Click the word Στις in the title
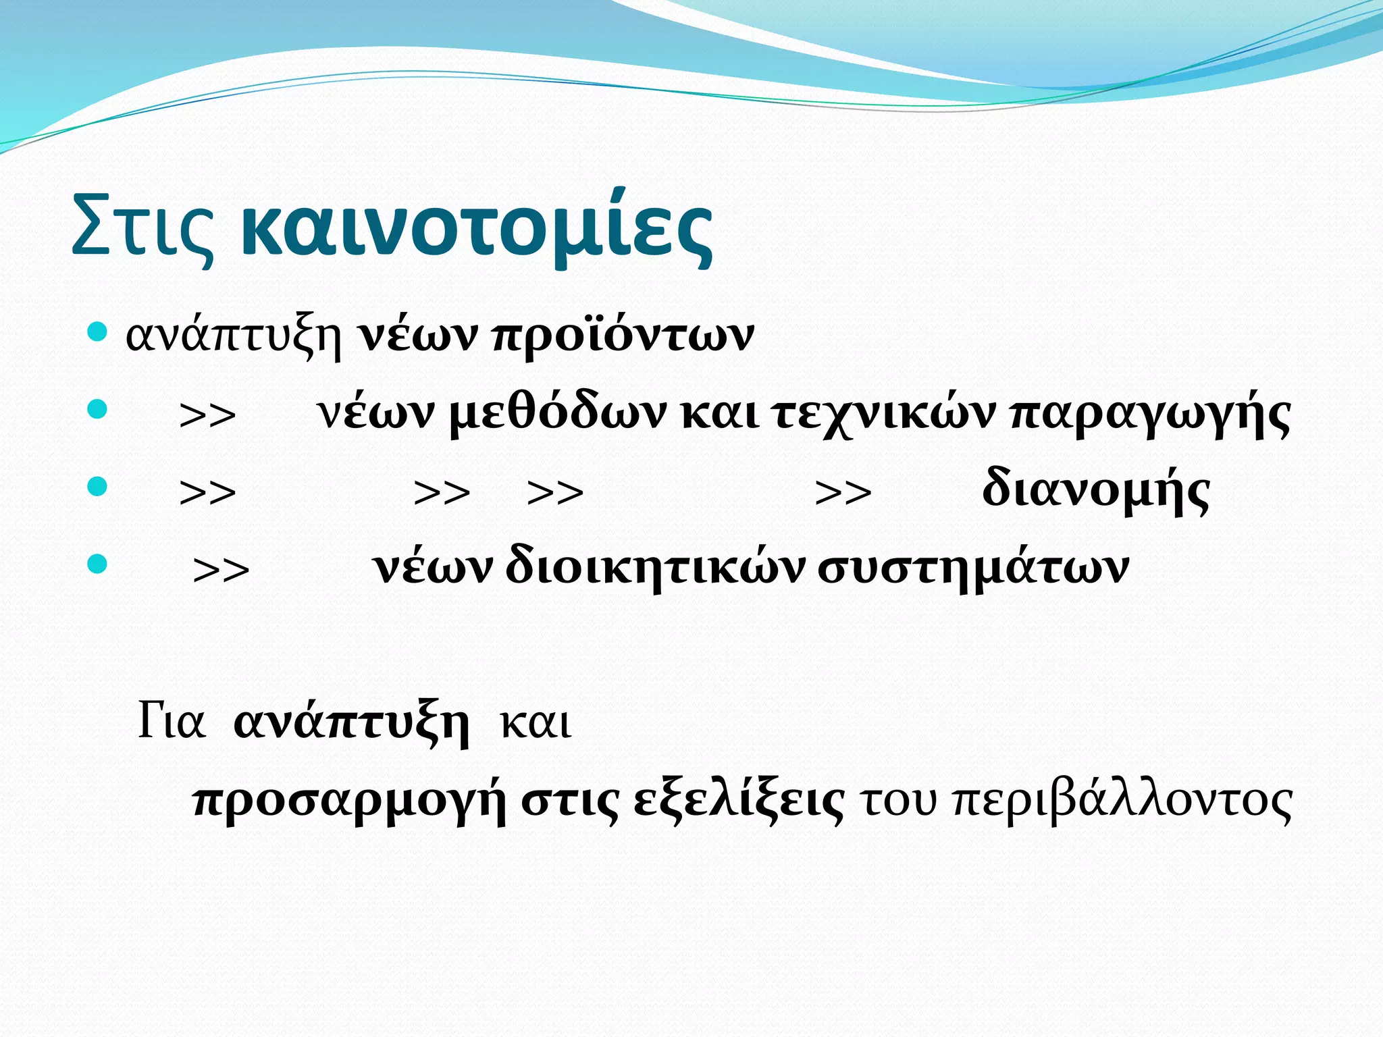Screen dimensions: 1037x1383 point(143,226)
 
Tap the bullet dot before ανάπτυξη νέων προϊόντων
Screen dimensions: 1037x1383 point(98,332)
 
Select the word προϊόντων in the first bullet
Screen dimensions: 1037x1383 point(623,335)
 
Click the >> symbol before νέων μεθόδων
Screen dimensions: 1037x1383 point(208,416)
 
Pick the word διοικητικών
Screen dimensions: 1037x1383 point(655,567)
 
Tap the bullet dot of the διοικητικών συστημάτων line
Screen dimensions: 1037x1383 point(98,564)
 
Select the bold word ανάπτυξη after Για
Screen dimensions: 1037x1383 point(351,724)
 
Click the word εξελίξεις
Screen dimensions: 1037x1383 point(739,802)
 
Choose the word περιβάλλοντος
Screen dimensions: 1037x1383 point(1121,802)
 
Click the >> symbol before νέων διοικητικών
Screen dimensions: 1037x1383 point(221,571)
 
